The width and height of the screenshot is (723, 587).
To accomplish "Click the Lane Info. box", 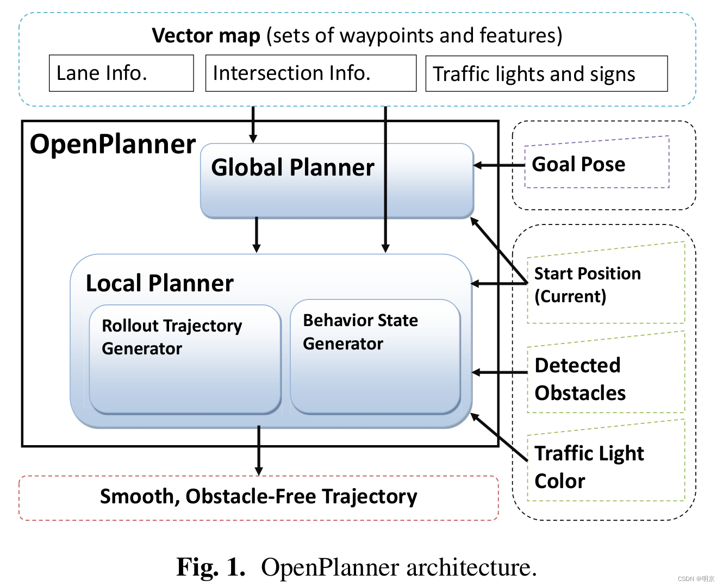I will click(121, 73).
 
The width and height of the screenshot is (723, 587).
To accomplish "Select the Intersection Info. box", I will click(310, 73).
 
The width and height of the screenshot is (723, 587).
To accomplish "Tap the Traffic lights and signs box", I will click(546, 74).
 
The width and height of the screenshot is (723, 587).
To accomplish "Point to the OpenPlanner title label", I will click(113, 145).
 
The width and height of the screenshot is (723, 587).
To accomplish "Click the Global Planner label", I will click(292, 167).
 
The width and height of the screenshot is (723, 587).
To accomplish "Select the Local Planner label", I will click(159, 283).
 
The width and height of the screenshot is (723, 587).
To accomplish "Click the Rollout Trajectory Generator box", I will click(185, 359).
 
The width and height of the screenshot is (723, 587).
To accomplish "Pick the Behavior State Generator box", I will click(375, 356).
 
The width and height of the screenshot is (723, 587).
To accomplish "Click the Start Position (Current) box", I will click(605, 284).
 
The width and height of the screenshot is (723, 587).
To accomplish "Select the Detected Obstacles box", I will click(605, 379).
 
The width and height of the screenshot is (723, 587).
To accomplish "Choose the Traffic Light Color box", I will click(605, 466).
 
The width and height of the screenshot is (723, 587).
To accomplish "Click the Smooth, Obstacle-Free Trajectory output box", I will click(259, 497).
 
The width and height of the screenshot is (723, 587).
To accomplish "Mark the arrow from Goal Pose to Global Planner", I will click(499, 165).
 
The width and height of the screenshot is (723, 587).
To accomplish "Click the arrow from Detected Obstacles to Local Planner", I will click(499, 372).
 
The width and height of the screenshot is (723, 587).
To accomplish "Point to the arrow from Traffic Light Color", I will click(499, 438).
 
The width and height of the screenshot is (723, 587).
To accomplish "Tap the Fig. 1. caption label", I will click(211, 567).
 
